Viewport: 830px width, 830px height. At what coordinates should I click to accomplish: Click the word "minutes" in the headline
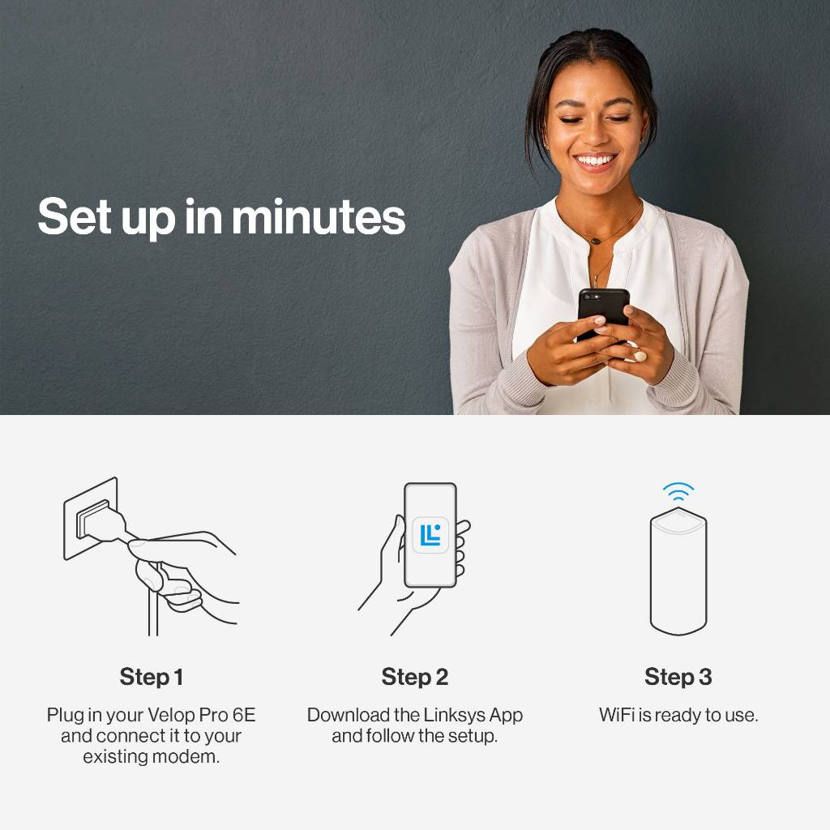click(x=319, y=216)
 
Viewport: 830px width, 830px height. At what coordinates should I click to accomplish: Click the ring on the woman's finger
click(x=640, y=357)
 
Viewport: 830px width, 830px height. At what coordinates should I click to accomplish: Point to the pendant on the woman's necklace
click(x=597, y=241)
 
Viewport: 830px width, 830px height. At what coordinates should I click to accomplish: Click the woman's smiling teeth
click(x=595, y=160)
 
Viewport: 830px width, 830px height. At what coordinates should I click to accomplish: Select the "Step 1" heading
click(x=152, y=677)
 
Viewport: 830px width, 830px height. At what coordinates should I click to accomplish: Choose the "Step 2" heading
click(x=414, y=677)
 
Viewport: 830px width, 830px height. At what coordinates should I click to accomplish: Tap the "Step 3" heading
click(x=678, y=677)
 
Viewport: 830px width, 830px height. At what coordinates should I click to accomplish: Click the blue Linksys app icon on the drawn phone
click(x=430, y=535)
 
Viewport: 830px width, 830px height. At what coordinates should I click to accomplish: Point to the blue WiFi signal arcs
click(x=678, y=490)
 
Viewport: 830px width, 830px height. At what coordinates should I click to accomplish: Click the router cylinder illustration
click(x=678, y=571)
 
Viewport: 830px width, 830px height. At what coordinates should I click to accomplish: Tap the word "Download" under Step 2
click(x=349, y=715)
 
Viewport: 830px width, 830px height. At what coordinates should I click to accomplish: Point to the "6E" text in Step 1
click(x=244, y=715)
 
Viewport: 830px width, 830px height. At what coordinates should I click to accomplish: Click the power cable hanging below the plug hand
click(x=153, y=603)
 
